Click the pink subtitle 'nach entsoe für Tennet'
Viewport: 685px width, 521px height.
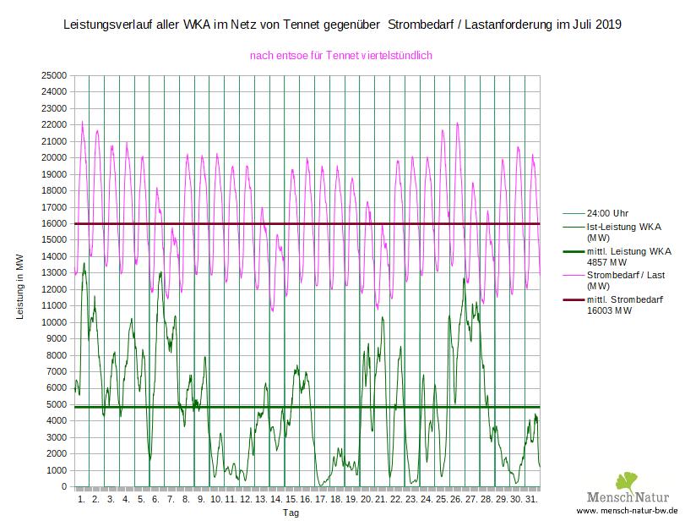[341, 56]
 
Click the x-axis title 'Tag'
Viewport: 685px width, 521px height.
[291, 513]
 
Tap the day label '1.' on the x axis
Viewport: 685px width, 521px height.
[81, 500]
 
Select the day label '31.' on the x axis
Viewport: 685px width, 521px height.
[531, 500]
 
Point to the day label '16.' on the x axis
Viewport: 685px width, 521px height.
[306, 500]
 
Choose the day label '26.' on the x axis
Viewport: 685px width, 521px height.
[456, 500]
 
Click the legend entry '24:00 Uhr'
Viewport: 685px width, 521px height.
[608, 213]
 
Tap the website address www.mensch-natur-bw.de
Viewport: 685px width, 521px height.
[628, 513]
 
